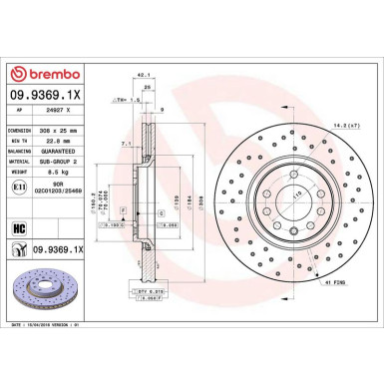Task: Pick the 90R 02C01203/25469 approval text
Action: [x=72, y=189]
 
